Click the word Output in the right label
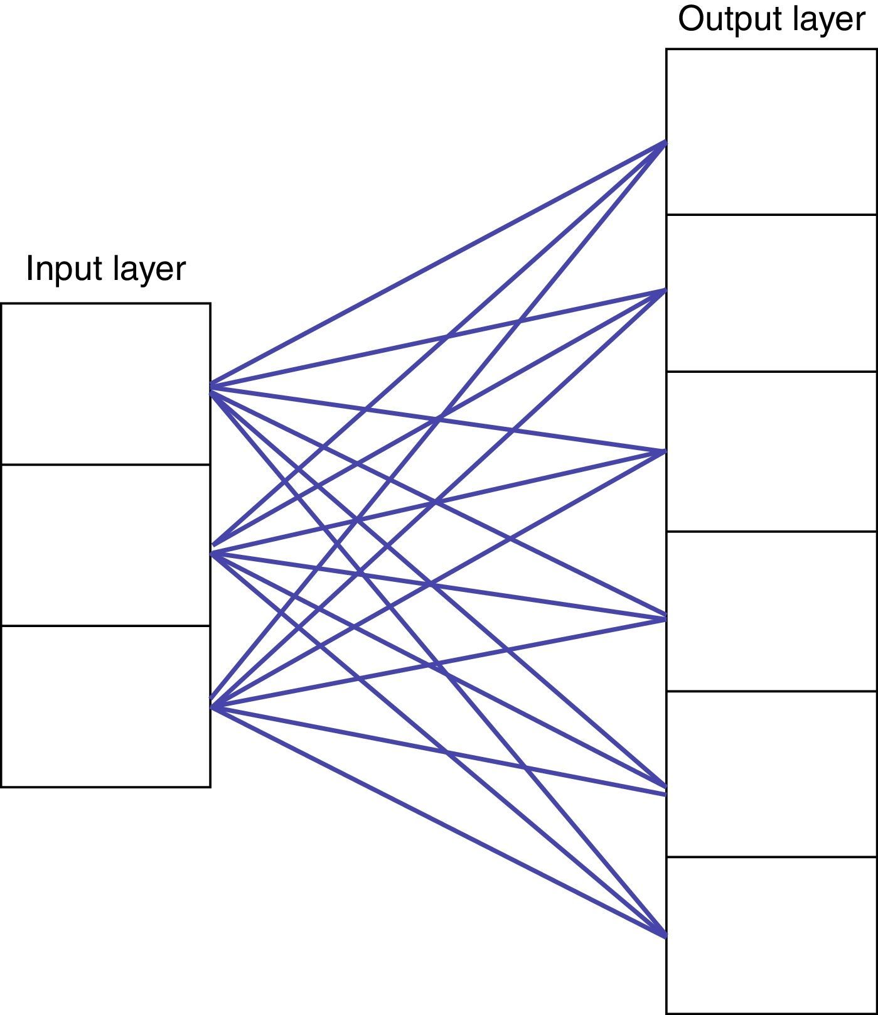[721, 19]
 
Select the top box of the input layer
[105, 384]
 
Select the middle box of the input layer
[105, 545]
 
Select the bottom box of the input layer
[105, 706]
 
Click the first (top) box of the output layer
[771, 132]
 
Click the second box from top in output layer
[771, 293]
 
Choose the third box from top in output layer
[771, 451]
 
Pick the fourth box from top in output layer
[771, 611]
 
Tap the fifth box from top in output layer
[771, 774]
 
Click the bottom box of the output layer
[771, 935]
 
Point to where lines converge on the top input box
[212, 387]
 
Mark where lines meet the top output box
[665, 143]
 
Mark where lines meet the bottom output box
[664, 934]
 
